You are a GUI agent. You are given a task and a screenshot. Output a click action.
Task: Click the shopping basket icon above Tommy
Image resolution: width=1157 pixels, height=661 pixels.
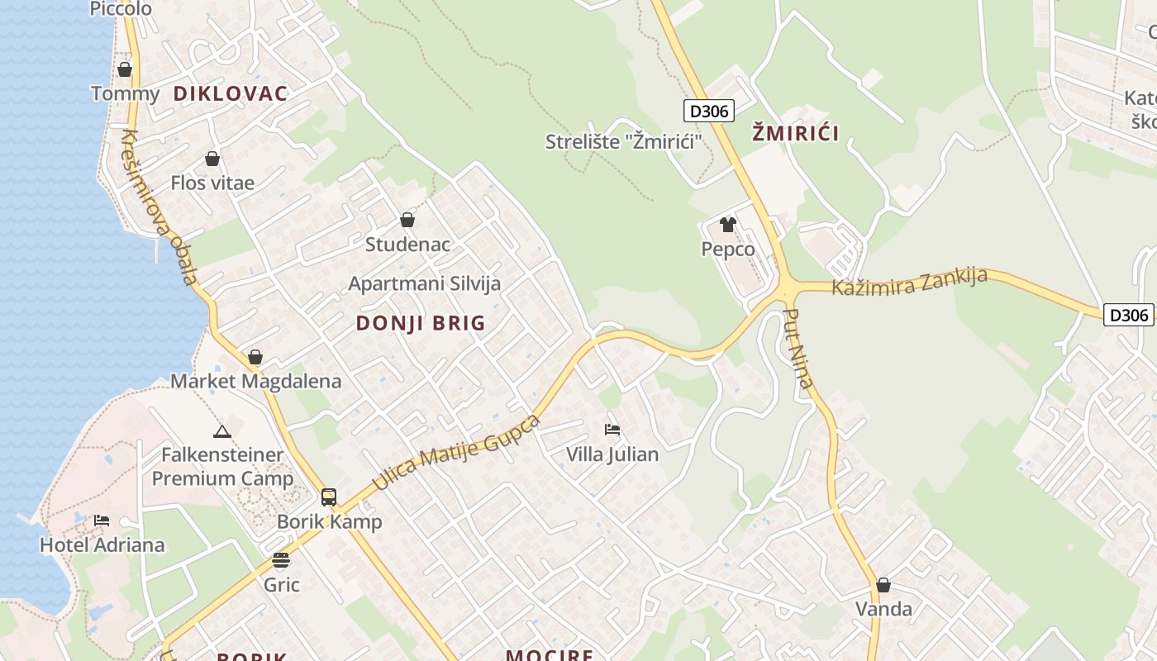point(125,69)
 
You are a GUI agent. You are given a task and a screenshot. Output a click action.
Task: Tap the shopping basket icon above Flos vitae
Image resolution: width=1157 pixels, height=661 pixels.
point(212,159)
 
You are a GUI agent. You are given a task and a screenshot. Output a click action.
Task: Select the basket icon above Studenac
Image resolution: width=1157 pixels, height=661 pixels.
point(407,220)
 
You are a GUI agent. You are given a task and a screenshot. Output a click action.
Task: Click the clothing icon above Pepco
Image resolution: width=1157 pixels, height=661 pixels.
point(728,224)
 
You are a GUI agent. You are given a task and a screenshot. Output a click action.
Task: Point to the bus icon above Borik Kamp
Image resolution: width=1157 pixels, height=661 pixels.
point(329,497)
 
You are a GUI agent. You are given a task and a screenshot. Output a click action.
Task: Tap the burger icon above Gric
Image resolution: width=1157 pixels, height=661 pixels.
point(281,560)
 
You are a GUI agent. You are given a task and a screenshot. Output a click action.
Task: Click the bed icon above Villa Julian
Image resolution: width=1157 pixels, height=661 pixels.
point(612,429)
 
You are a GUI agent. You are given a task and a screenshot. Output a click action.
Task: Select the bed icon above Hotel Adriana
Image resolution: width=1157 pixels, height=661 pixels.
point(102,520)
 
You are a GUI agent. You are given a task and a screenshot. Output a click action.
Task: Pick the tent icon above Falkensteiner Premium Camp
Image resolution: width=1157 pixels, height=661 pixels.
point(221,431)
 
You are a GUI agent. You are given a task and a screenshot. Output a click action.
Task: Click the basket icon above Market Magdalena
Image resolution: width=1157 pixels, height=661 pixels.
point(255,357)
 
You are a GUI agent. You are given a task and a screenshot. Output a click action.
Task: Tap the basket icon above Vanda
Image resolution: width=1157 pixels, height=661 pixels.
point(883,585)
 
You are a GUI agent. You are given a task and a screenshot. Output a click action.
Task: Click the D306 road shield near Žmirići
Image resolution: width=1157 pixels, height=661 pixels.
point(709,111)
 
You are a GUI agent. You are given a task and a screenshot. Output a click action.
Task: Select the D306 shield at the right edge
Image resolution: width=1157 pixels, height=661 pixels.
point(1128,315)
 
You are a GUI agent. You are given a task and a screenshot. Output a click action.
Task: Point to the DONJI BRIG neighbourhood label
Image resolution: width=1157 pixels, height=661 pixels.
point(421,323)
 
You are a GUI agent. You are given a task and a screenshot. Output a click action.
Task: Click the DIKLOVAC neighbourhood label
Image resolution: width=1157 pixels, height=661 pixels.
point(231,93)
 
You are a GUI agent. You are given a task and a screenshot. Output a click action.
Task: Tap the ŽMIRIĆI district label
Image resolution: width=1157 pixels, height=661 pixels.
point(796,133)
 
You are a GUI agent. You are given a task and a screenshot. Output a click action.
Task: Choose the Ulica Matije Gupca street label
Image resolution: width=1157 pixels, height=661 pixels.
point(456,453)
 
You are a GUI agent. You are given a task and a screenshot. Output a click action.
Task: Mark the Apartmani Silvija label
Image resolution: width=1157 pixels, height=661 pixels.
point(425,283)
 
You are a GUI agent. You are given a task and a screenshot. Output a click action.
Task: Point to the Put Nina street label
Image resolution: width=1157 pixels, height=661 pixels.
point(798,348)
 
